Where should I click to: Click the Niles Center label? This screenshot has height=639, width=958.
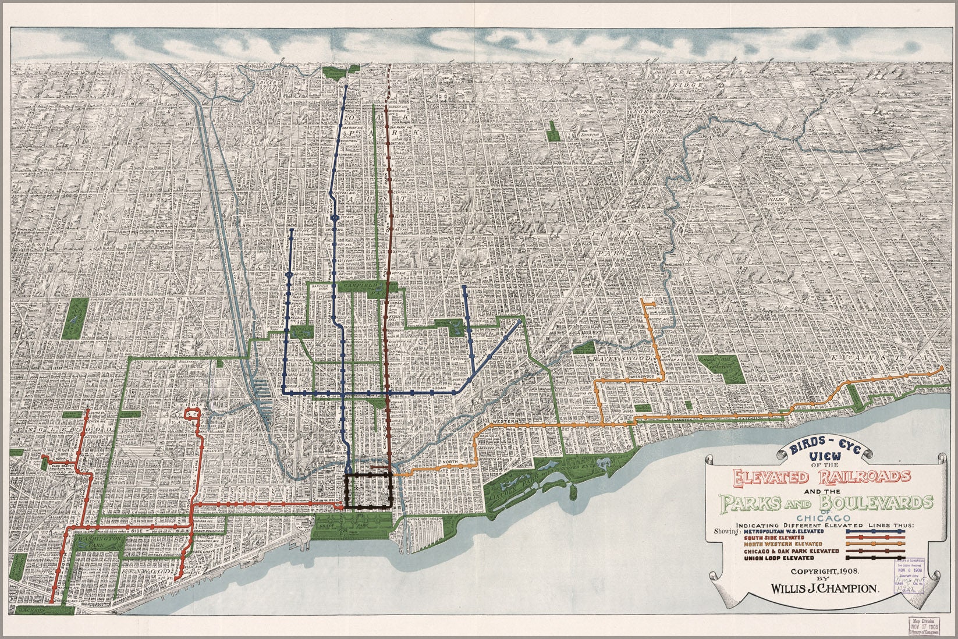click(x=777, y=201)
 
